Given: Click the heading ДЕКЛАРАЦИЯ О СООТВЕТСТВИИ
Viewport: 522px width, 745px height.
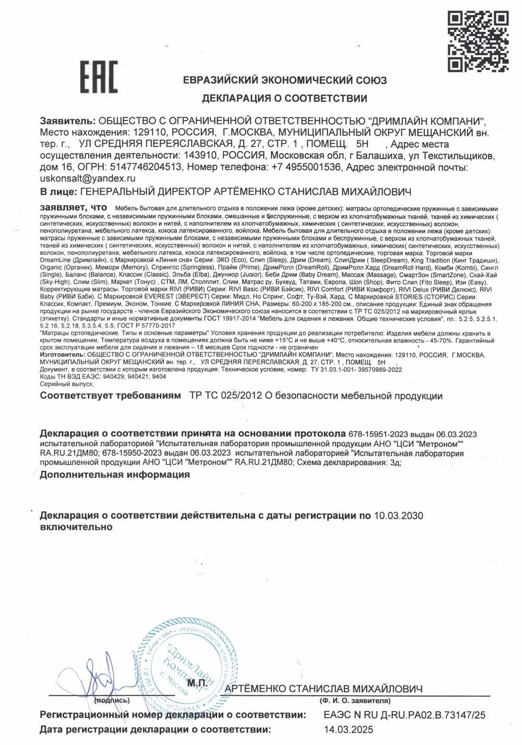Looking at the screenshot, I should [284, 98].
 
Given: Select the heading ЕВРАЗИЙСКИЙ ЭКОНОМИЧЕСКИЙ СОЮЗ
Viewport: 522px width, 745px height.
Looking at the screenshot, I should [285, 80].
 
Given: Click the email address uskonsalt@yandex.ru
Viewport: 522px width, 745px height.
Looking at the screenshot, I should [88, 178].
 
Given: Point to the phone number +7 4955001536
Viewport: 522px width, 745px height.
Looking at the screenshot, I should [306, 167].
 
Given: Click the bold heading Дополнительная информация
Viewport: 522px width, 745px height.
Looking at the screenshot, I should [115, 474].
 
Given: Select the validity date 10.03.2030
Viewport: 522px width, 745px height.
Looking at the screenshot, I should [399, 516].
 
